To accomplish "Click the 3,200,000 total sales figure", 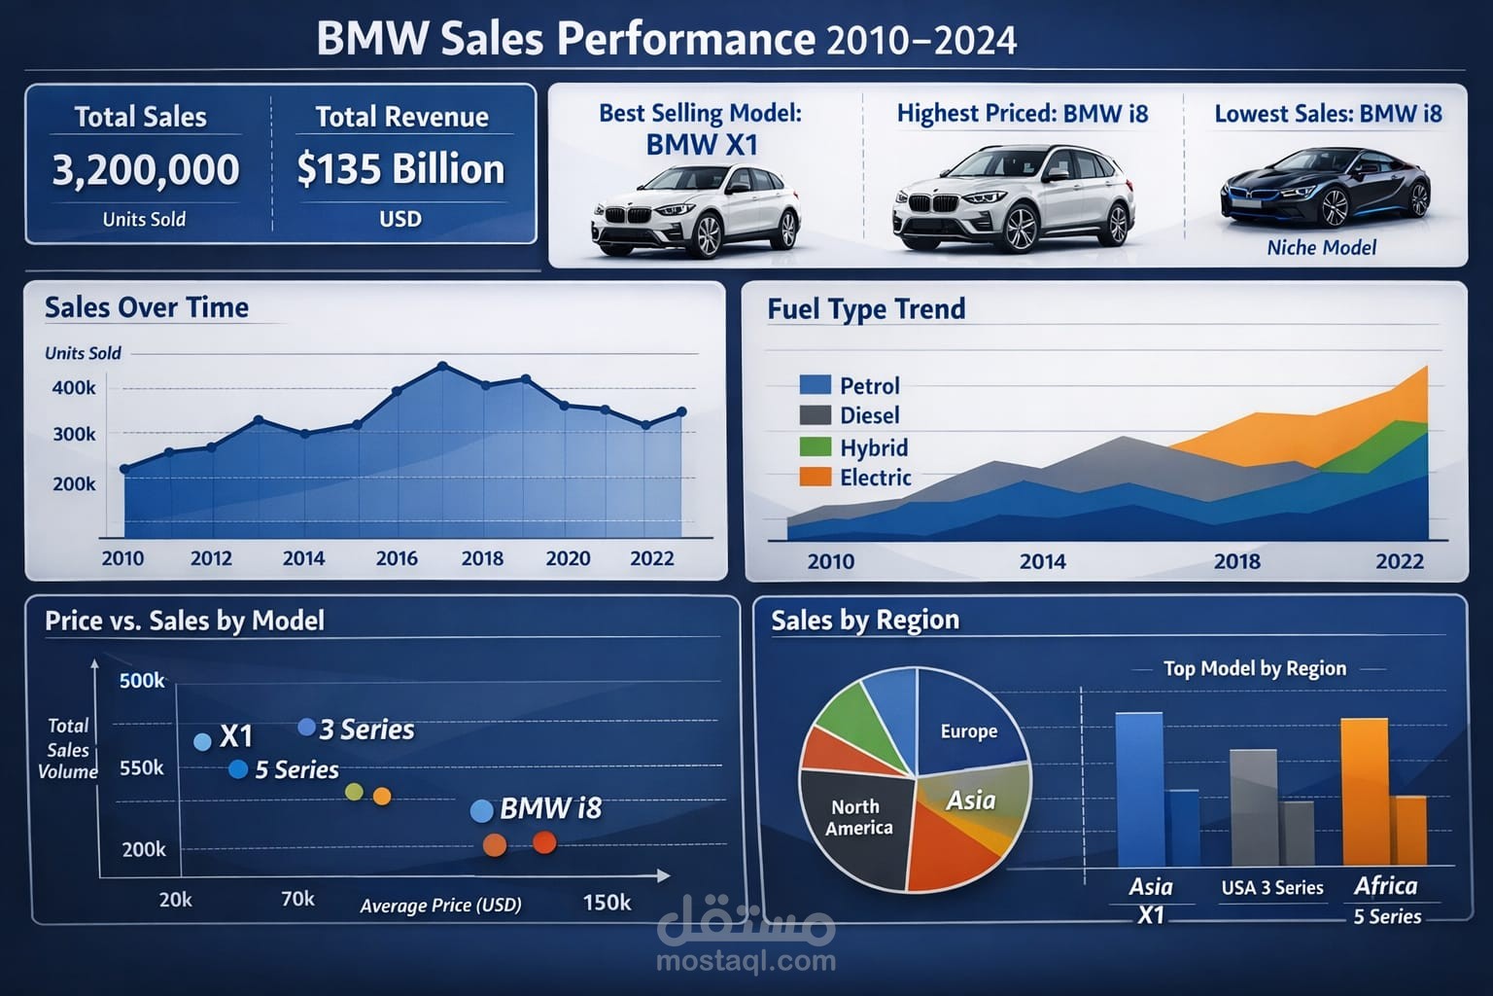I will pyautogui.click(x=146, y=170).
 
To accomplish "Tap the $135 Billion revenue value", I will pyautogui.click(x=400, y=169).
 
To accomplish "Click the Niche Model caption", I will pyautogui.click(x=1321, y=248).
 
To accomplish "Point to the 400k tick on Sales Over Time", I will pyautogui.click(x=74, y=388).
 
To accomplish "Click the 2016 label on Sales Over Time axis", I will pyautogui.click(x=397, y=558).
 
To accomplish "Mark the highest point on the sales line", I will pyautogui.click(x=442, y=367).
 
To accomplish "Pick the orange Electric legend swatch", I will pyautogui.click(x=815, y=477).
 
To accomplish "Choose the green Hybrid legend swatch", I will pyautogui.click(x=815, y=446).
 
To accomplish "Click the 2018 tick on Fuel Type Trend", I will pyautogui.click(x=1236, y=561).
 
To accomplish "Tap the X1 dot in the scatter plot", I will pyautogui.click(x=202, y=742).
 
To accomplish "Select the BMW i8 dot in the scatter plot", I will pyautogui.click(x=481, y=811).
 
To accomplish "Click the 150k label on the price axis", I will pyautogui.click(x=607, y=903).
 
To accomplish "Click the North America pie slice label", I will pyautogui.click(x=858, y=817).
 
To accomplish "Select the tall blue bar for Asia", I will pyautogui.click(x=1138, y=789).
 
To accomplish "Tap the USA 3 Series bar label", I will pyautogui.click(x=1272, y=888).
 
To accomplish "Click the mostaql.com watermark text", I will pyautogui.click(x=746, y=962).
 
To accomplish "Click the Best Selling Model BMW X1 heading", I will pyautogui.click(x=700, y=128).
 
